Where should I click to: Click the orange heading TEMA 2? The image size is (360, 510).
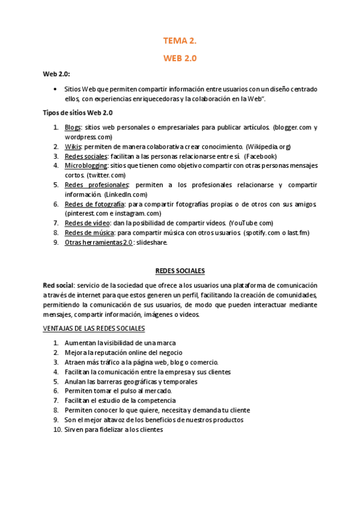coord(180,41)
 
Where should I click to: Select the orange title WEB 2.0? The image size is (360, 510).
coord(180,58)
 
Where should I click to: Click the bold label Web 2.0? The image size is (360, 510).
coord(56,74)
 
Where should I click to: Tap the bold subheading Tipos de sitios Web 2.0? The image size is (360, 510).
coord(78,112)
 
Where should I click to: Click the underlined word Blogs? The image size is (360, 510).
coord(73,127)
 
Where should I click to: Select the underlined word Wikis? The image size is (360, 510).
coord(73,147)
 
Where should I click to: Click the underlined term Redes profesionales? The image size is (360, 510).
coord(96,185)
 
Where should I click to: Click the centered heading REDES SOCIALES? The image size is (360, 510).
coord(180,271)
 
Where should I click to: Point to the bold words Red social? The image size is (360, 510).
coord(58,285)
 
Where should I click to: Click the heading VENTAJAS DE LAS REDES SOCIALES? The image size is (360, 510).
coord(94,328)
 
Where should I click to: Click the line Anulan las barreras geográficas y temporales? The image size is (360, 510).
coord(130,381)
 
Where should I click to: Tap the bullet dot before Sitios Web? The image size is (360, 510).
coord(55,89)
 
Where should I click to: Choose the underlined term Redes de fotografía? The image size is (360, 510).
coord(94,204)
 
